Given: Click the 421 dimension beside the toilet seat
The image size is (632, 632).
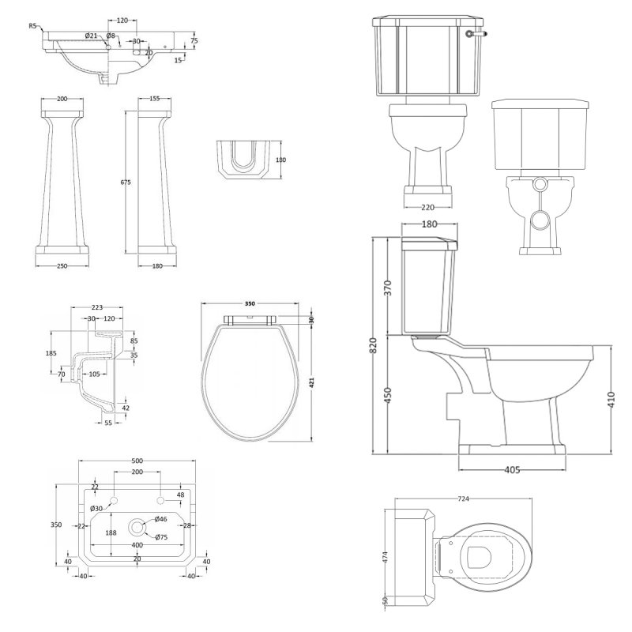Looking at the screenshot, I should point(312,382).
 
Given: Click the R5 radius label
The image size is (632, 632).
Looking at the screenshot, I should point(32,26).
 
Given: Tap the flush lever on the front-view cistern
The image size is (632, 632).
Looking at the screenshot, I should point(474,34).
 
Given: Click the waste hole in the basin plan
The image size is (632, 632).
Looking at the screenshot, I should point(138,525).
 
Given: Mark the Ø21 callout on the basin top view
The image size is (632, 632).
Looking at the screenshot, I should point(91,36).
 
